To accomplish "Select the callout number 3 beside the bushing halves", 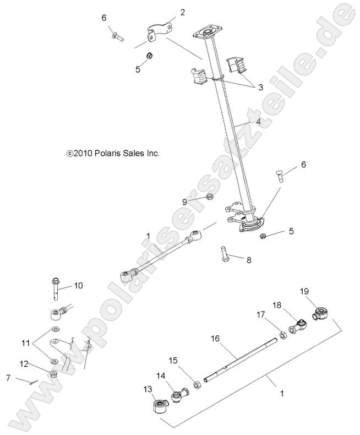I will point(260,87).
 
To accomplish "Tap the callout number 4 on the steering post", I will point(258,122).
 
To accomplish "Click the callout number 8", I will point(248,260).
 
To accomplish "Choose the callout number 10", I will point(78,285).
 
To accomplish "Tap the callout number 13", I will point(148,390).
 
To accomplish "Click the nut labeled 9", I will point(210,197).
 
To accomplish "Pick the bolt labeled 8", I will point(224,254).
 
